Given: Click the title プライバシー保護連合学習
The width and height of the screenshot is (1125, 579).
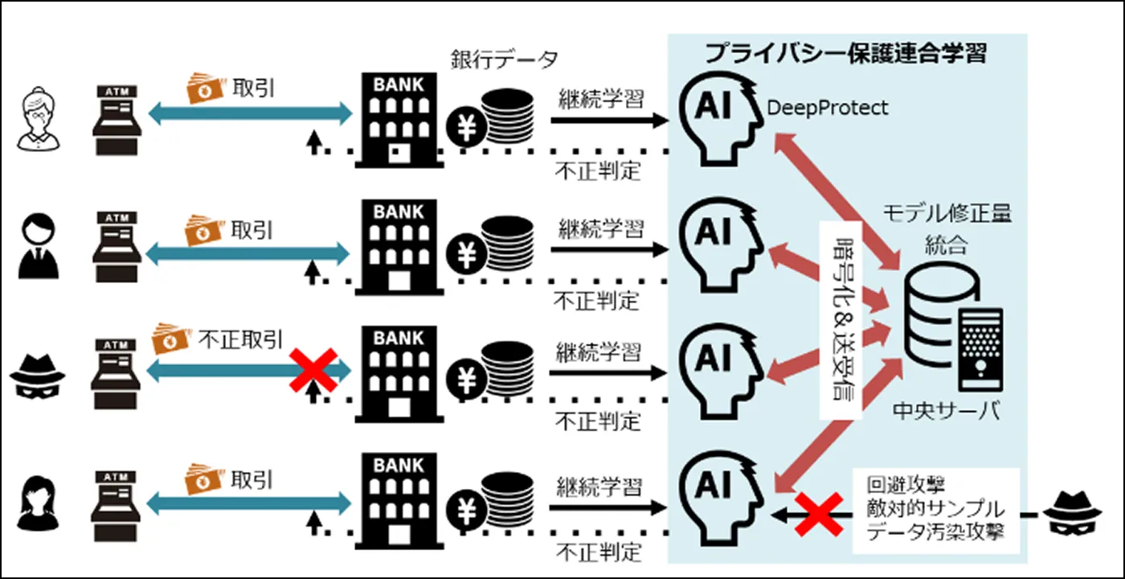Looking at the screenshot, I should [845, 54].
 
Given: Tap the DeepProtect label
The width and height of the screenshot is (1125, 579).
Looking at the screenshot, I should [828, 108].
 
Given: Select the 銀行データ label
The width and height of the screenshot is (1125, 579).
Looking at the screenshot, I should [505, 60].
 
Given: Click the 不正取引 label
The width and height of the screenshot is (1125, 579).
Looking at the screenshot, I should [239, 339].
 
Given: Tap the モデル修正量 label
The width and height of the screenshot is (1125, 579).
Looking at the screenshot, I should [947, 214].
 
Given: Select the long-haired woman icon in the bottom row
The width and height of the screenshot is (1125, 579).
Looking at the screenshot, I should [39, 500].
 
